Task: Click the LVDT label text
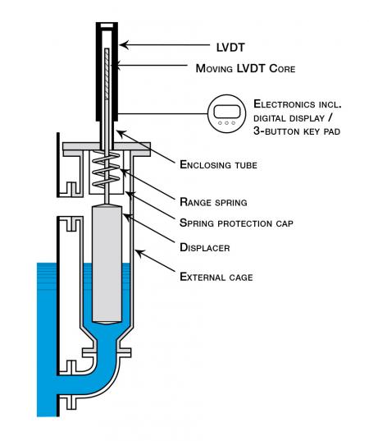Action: click(230, 48)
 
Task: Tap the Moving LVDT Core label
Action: click(245, 68)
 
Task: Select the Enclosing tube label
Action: click(218, 164)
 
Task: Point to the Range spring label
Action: click(213, 202)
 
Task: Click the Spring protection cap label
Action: click(236, 223)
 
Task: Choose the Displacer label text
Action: click(205, 247)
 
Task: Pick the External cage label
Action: click(216, 277)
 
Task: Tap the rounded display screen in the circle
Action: click(226, 112)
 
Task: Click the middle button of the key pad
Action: click(226, 123)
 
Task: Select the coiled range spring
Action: click(106, 169)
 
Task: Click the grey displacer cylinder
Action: click(107, 265)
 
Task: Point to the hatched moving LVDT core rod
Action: click(107, 74)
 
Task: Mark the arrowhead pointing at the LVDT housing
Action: click(124, 44)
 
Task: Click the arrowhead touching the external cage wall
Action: click(140, 253)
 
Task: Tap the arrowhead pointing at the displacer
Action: click(128, 218)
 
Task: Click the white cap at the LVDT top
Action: click(107, 26)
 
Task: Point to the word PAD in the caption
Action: click(331, 131)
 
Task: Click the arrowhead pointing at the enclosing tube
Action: click(121, 134)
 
